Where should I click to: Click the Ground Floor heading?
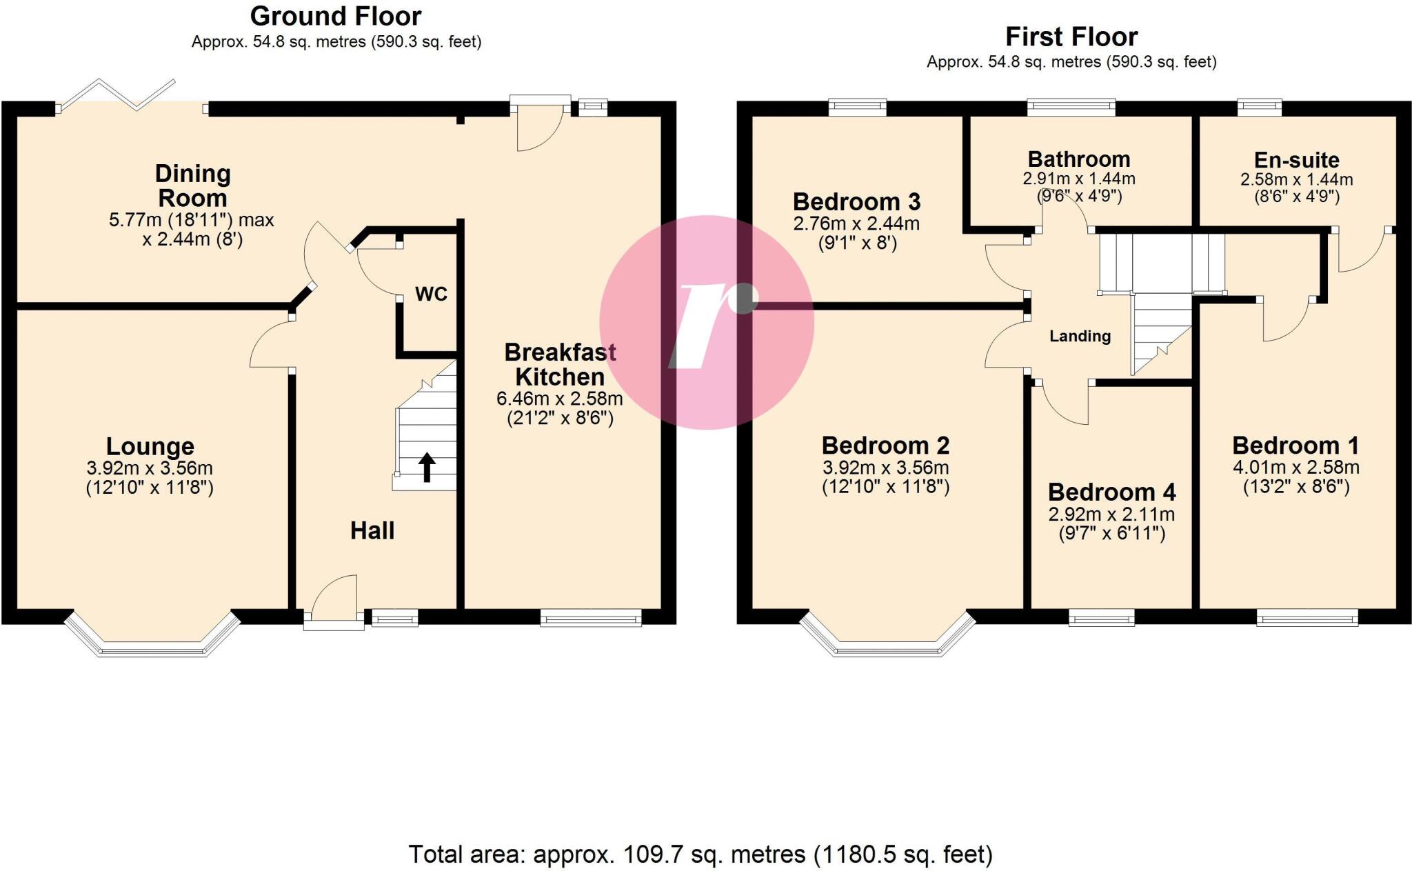tap(336, 16)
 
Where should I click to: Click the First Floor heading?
tap(1071, 36)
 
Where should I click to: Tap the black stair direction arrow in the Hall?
tap(427, 467)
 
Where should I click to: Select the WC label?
tap(431, 294)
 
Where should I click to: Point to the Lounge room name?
tap(150, 446)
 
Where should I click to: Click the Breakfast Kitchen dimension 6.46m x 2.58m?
tap(559, 399)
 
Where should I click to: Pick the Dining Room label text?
tap(192, 186)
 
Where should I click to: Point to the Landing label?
tap(1080, 337)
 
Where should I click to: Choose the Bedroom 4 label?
tap(1111, 492)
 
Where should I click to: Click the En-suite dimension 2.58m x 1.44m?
tap(1296, 180)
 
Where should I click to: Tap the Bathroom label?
tap(1078, 159)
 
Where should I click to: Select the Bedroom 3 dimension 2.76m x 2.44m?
tap(856, 223)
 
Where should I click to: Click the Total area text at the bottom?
tap(700, 854)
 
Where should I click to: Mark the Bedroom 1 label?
tap(1295, 445)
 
